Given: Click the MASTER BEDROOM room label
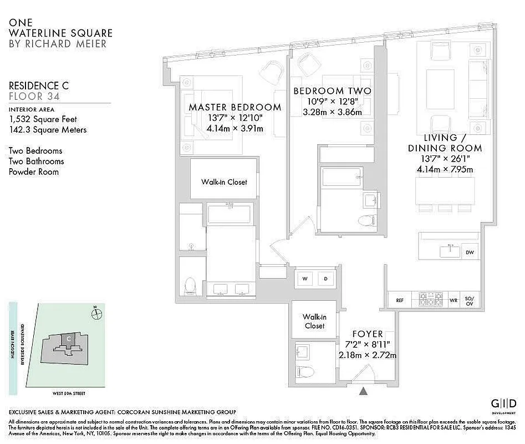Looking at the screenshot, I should (235, 107).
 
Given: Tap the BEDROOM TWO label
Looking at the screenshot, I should (332, 91).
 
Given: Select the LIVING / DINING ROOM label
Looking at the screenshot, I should (445, 143).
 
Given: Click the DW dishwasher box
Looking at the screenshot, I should (470, 251).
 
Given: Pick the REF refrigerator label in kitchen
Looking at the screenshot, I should (399, 300).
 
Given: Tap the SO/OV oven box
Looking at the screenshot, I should (470, 300).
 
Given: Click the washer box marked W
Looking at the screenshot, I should (304, 279).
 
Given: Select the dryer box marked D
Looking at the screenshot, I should (325, 279).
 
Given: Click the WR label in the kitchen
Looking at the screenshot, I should (453, 300).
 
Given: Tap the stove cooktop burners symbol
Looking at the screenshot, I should (431, 300).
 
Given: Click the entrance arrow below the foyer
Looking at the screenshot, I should (363, 391).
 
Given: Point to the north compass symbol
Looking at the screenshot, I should (97, 314).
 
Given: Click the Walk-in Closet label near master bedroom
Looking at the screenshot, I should (224, 181).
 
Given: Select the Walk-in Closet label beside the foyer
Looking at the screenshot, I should (314, 321).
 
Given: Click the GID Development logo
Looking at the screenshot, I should (503, 404).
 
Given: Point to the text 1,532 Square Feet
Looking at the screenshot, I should (43, 119).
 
